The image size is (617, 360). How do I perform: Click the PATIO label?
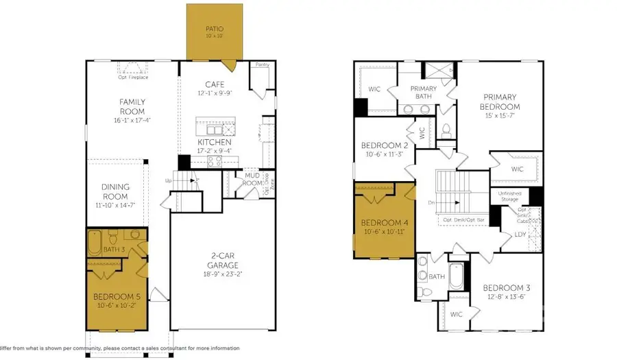(x=215, y=29)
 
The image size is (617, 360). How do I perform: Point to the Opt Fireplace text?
(x=134, y=77)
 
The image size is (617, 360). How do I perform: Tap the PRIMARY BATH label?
(x=424, y=93)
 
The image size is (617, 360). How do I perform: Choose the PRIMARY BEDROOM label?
(x=500, y=102)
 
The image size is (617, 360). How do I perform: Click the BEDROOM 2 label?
(x=384, y=145)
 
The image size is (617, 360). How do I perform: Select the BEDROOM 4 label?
(x=384, y=223)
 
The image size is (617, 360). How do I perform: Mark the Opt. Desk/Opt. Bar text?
(x=463, y=220)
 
